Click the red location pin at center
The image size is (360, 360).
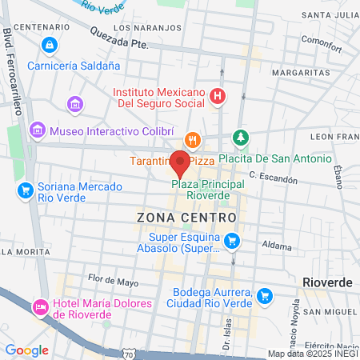tap(180, 164)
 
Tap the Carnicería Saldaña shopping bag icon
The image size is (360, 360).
tap(50, 44)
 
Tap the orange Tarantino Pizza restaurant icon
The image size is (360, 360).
tap(193, 140)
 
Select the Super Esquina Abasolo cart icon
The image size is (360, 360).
tap(232, 240)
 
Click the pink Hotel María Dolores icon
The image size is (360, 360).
tap(38, 307)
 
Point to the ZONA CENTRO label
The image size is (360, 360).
tap(187, 217)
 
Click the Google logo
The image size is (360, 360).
tap(26, 350)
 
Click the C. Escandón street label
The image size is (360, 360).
tap(274, 176)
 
